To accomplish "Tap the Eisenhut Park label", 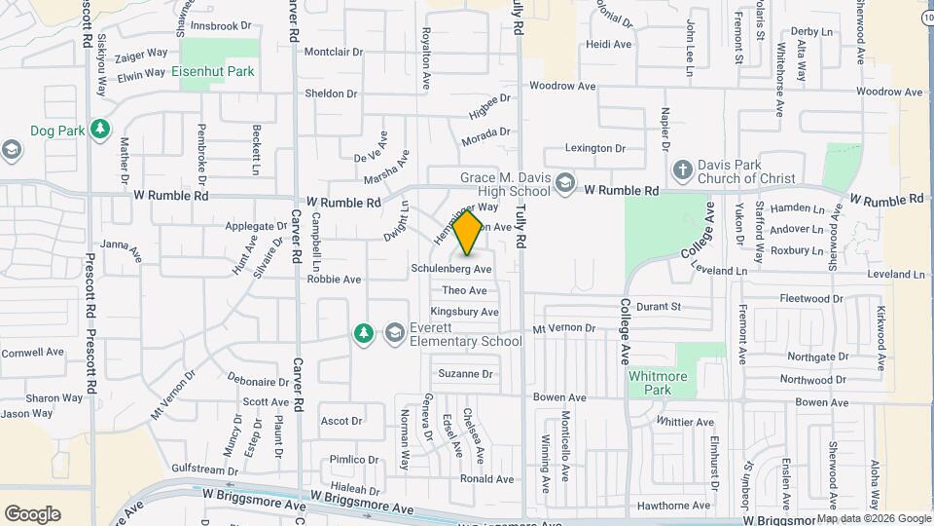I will tap(212, 71).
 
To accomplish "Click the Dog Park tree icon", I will tap(99, 129).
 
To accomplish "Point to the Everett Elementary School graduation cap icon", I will tap(394, 333).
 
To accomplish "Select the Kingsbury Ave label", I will tap(464, 312).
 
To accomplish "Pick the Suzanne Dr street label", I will tap(465, 373).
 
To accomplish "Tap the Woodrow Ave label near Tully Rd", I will tap(562, 87).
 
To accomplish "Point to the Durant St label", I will tap(659, 306).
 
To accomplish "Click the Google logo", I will tap(32, 513).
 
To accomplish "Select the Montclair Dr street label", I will tap(333, 52).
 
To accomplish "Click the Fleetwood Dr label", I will tap(811, 298).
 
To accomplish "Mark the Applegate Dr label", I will tap(255, 226).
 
